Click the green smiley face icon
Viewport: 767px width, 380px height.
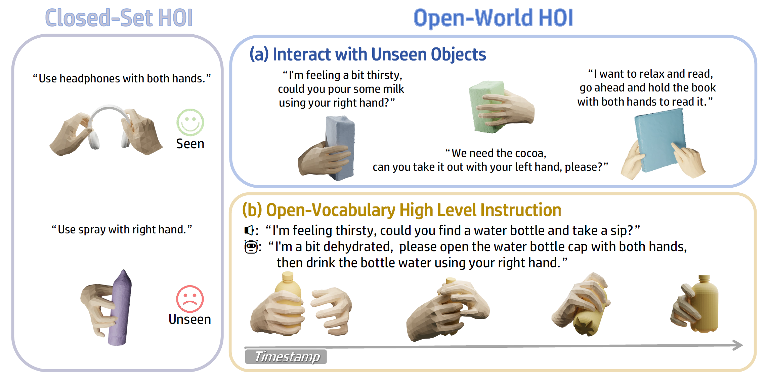tap(190, 122)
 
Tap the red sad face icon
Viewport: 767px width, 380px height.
tap(190, 299)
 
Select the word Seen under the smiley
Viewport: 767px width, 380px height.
tap(190, 144)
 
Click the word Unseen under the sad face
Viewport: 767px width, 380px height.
tap(190, 319)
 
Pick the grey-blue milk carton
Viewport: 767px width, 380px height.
tap(340, 147)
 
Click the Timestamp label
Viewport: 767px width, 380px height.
tap(286, 357)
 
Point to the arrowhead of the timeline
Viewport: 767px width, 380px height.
tap(738, 345)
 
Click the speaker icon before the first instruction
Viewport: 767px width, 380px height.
tap(249, 230)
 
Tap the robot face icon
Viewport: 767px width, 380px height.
tap(251, 247)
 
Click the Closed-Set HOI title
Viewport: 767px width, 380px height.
tap(119, 18)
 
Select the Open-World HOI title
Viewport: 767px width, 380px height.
tap(493, 18)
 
